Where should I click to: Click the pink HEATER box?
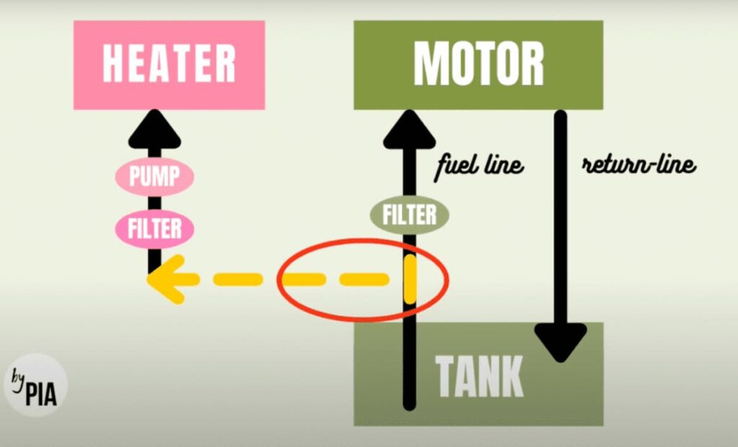click(169, 65)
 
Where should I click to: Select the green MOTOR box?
click(479, 65)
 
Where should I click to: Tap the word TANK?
click(479, 376)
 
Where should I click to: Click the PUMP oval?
click(154, 177)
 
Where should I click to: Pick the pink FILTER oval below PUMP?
click(154, 229)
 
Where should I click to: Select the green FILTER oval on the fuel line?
click(409, 215)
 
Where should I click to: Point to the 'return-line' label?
click(639, 164)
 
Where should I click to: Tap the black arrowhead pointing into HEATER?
click(154, 129)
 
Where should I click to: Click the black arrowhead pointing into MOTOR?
click(409, 129)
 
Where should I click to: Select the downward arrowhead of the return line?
click(560, 343)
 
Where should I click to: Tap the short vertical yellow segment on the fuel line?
click(410, 279)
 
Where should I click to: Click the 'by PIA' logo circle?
click(36, 385)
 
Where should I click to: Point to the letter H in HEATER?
click(113, 63)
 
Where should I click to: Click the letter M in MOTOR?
click(431, 63)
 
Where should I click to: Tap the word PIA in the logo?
click(41, 394)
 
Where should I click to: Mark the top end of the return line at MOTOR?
click(560, 115)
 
